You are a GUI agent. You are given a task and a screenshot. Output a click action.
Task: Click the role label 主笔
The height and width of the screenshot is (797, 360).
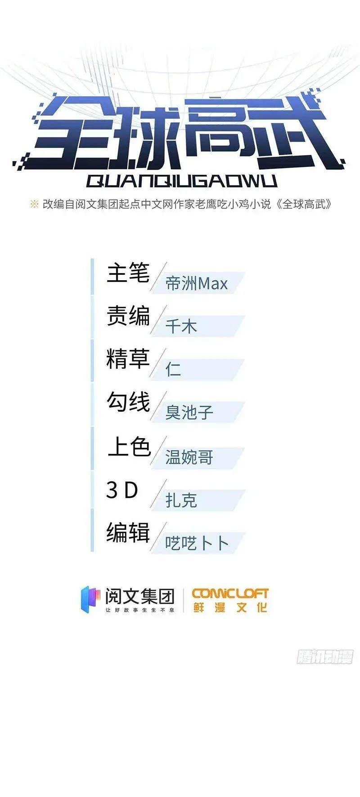click(128, 273)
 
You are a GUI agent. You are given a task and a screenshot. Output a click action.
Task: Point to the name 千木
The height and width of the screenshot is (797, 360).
click(181, 326)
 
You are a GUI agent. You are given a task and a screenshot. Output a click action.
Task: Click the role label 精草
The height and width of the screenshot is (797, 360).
click(128, 359)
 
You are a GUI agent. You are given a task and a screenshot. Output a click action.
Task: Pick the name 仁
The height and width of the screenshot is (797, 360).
click(173, 369)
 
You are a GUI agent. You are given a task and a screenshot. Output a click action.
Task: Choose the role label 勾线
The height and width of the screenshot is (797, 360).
click(128, 402)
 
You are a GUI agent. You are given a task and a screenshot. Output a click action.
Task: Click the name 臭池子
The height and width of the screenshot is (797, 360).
click(189, 412)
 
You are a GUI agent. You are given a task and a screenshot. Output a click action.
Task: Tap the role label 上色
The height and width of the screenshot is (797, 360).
click(129, 446)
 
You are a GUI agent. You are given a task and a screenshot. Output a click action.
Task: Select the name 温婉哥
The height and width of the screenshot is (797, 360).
click(189, 457)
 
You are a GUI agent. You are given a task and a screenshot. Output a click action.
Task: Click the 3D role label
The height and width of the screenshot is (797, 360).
click(122, 490)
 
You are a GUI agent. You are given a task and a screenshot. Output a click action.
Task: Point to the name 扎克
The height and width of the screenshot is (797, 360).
click(181, 500)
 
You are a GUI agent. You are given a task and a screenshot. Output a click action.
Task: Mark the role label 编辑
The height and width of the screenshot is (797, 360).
click(128, 533)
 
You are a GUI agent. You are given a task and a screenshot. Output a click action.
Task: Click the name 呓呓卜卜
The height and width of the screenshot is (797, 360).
click(197, 543)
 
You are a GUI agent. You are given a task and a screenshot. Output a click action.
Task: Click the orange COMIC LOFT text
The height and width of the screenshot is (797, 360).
click(230, 594)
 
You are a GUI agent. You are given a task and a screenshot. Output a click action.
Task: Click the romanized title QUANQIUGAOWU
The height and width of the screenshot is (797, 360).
click(181, 181)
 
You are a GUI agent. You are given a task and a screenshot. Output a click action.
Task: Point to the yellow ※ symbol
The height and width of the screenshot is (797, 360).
click(34, 204)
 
